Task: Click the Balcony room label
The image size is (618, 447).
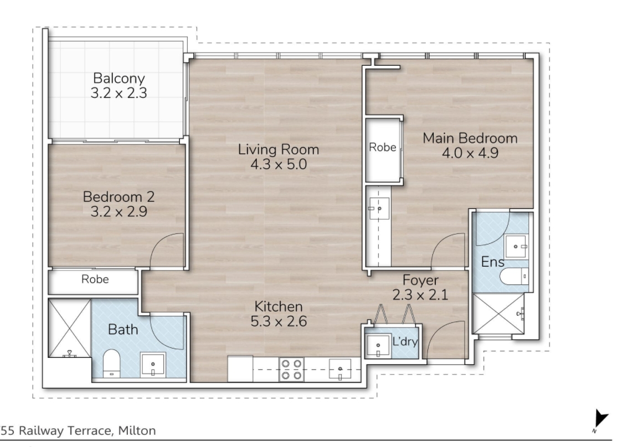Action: pyautogui.click(x=119, y=78)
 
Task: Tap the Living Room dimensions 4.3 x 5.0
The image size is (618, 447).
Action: pyautogui.click(x=279, y=164)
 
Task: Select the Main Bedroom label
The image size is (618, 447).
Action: pyautogui.click(x=470, y=138)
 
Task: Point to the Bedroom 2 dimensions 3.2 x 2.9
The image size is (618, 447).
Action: pyautogui.click(x=119, y=211)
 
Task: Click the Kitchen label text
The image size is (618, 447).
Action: pyautogui.click(x=278, y=306)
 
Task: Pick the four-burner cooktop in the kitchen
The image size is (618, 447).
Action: pyautogui.click(x=292, y=370)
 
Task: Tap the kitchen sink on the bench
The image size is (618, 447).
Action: pyautogui.click(x=340, y=369)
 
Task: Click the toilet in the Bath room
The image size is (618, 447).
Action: pyautogui.click(x=111, y=363)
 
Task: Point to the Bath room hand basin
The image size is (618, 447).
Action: pyautogui.click(x=153, y=365)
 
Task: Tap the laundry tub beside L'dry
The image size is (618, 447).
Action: pyautogui.click(x=378, y=346)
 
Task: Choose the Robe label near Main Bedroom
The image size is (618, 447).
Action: pyautogui.click(x=382, y=147)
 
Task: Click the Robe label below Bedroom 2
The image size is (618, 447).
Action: pyautogui.click(x=95, y=279)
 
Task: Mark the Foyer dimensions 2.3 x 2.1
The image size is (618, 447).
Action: pyautogui.click(x=420, y=294)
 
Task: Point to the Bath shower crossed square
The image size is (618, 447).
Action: pyautogui.click(x=69, y=328)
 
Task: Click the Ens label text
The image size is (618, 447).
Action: pyautogui.click(x=493, y=262)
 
